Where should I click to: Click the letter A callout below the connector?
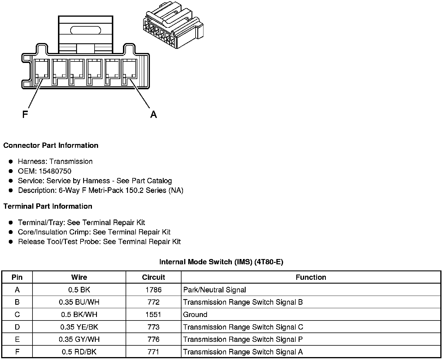click(x=153, y=114)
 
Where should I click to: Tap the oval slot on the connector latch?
click(x=85, y=30)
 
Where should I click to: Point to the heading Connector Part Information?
click(x=51, y=145)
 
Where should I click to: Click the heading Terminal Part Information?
click(x=48, y=206)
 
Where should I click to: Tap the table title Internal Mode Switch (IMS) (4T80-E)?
click(x=221, y=262)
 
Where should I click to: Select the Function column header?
click(x=311, y=277)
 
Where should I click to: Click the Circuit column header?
click(x=153, y=277)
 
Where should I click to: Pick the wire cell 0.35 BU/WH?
click(x=79, y=302)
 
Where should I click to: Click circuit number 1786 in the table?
click(x=153, y=290)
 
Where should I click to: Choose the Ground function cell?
click(x=195, y=315)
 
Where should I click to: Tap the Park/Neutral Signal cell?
click(x=215, y=290)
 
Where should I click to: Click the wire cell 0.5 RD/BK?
click(x=79, y=352)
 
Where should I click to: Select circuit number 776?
click(x=153, y=340)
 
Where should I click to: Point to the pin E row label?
click(x=17, y=340)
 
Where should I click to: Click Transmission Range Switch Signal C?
click(x=243, y=327)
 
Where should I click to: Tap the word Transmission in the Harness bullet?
click(x=71, y=162)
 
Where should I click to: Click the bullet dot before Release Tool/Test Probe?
click(x=11, y=242)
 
